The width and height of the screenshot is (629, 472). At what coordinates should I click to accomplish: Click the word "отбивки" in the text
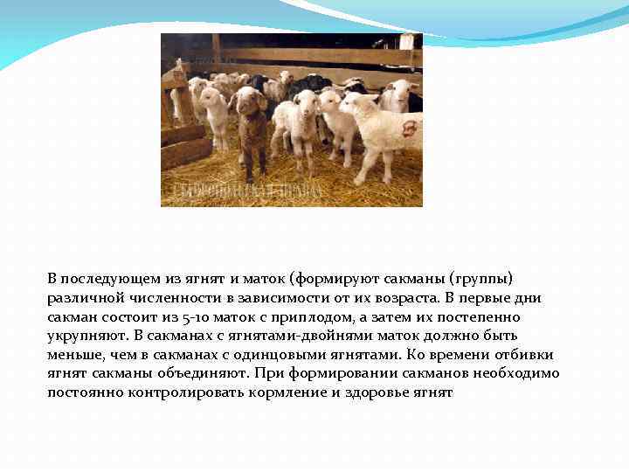pos(526,356)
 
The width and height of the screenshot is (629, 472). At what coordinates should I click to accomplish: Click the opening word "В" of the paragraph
pos(52,279)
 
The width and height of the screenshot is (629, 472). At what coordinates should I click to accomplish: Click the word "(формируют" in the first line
pos(329,279)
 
